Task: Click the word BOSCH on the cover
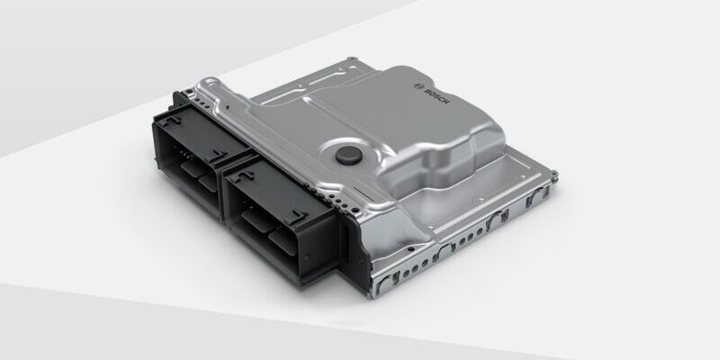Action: click(x=436, y=95)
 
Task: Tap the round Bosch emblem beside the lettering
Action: click(x=418, y=85)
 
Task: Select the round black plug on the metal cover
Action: click(x=349, y=156)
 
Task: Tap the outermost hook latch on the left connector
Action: click(x=172, y=121)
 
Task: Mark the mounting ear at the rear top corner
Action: click(x=352, y=59)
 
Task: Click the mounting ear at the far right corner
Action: click(x=554, y=175)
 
